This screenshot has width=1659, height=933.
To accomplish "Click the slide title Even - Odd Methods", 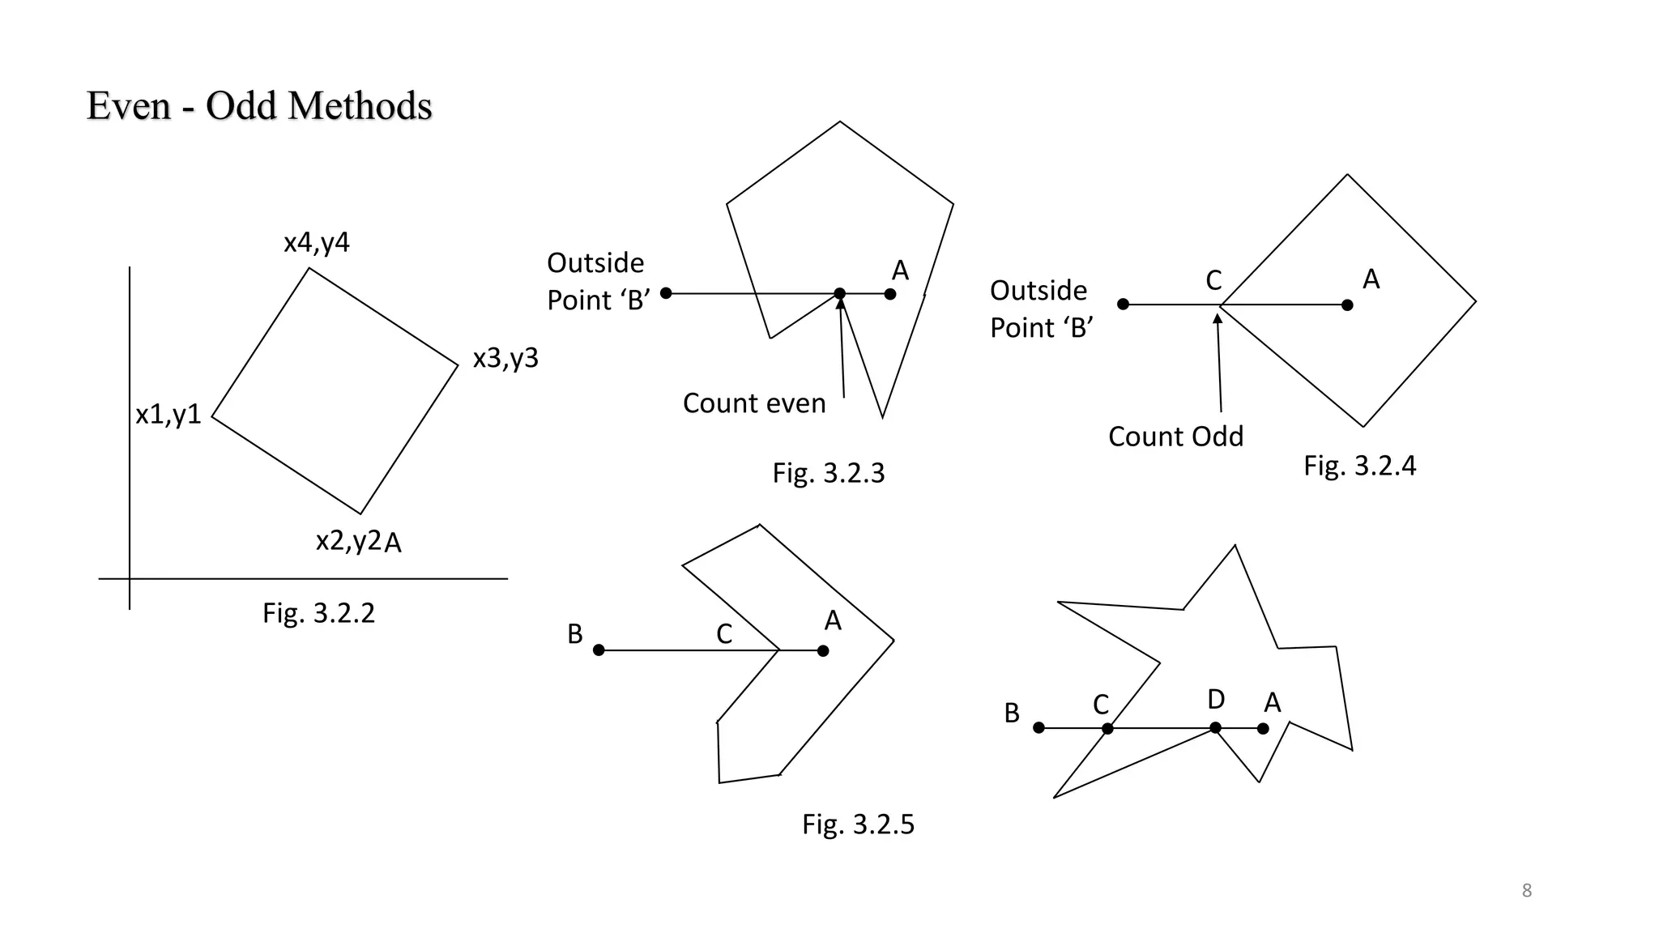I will [259, 106].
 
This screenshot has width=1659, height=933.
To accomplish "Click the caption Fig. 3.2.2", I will [318, 613].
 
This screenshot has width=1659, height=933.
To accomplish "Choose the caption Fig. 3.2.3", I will [828, 473].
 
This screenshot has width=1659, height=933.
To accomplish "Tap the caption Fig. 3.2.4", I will [1359, 466].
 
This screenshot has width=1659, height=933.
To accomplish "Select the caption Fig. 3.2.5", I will [858, 824].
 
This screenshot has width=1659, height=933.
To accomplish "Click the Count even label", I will [753, 403].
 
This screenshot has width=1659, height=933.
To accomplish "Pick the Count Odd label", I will [1175, 437].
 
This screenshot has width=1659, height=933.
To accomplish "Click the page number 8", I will [1526, 891].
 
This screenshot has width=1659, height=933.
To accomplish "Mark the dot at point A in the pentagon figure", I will [890, 294].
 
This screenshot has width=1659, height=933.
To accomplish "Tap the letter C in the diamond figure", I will [1213, 281].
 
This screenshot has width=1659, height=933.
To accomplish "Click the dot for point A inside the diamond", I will [1347, 305].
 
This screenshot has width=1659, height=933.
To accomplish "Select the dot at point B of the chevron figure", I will [599, 650].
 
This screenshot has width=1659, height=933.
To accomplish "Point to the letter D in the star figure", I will [1216, 699].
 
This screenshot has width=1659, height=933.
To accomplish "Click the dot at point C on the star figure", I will [1107, 729].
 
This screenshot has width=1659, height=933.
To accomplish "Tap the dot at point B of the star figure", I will [1038, 728].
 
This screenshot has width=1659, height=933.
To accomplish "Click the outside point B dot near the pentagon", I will [666, 293].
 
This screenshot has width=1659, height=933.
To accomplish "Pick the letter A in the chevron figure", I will [833, 621].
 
